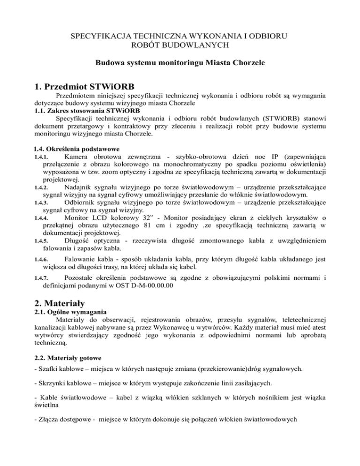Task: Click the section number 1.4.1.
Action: [42, 156]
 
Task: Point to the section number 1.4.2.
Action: [42, 188]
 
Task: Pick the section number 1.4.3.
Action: [42, 204]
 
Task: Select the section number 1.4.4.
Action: [42, 219]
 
